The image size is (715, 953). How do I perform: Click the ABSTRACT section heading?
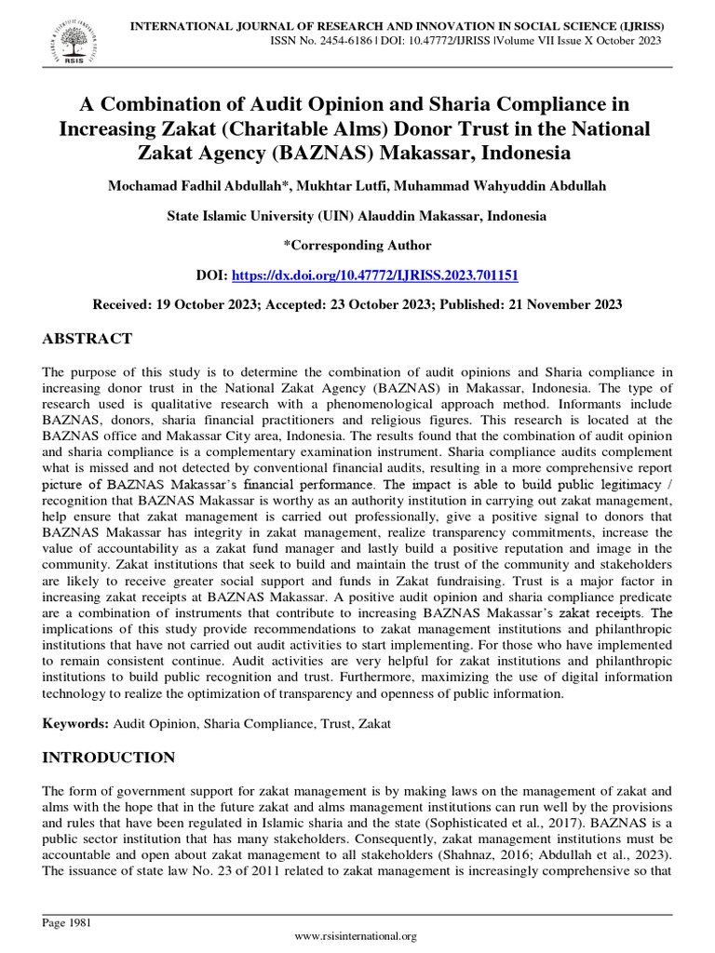tap(88, 338)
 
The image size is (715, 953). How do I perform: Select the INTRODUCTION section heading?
tap(108, 758)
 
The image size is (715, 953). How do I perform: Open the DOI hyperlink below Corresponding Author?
tap(373, 275)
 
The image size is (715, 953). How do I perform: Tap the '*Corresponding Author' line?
tap(357, 246)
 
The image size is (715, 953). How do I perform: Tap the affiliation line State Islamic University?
tap(357, 216)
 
